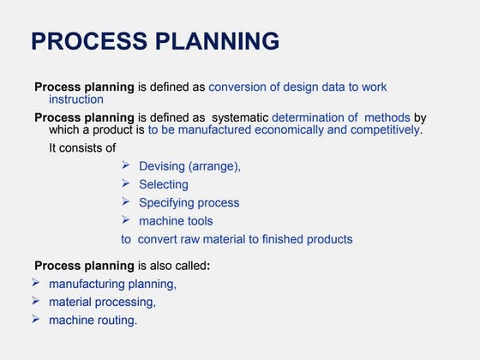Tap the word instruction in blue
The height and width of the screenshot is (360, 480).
click(76, 99)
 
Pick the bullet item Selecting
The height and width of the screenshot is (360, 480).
click(164, 184)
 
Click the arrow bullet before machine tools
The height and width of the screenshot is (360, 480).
click(126, 220)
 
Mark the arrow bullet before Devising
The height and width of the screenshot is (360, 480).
click(126, 165)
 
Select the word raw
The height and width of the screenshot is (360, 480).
click(196, 239)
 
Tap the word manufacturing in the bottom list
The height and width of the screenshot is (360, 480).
click(87, 284)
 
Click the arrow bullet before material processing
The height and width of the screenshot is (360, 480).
click(36, 301)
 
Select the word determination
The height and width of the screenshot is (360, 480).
click(315, 117)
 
